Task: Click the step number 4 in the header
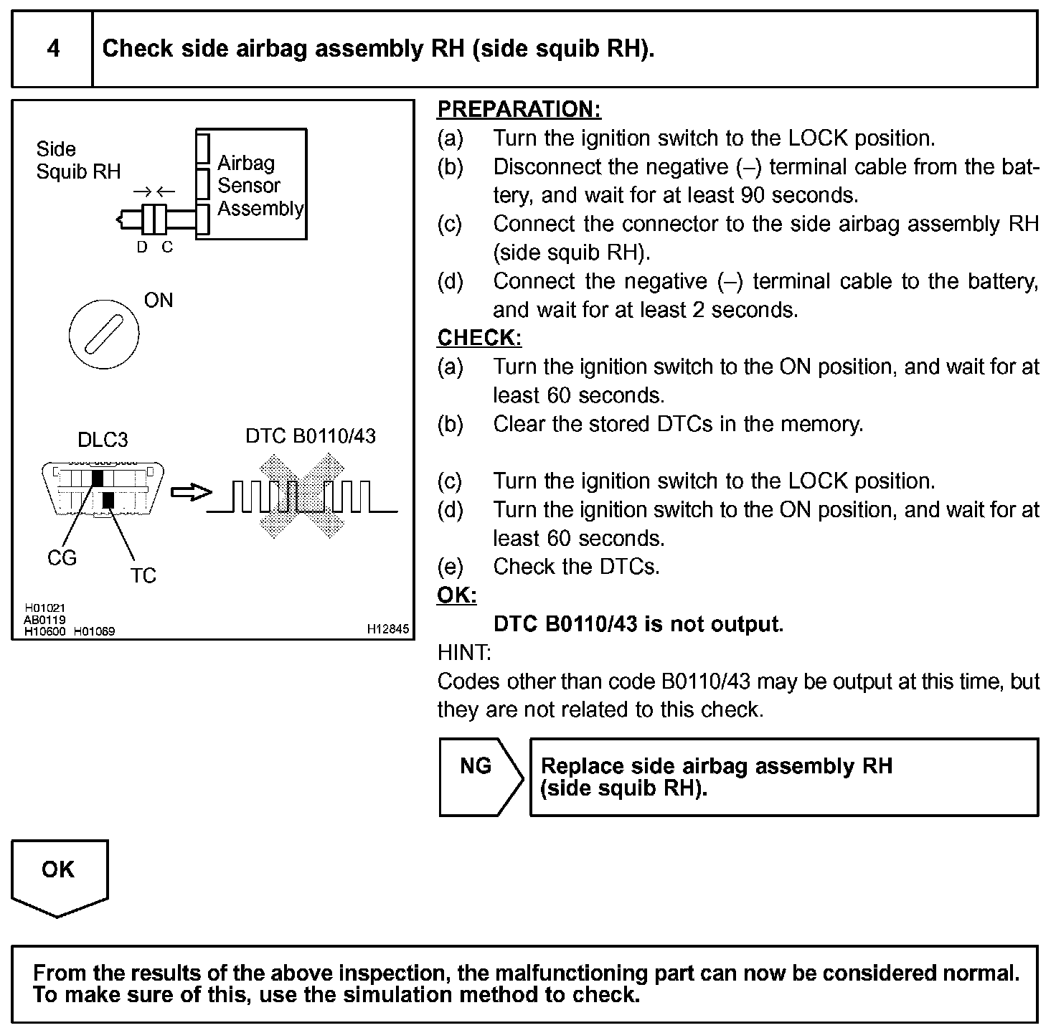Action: [x=53, y=49]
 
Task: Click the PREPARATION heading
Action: [x=519, y=109]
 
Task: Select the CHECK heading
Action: [x=479, y=338]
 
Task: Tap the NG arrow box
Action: [x=476, y=777]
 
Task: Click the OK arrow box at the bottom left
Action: [x=59, y=874]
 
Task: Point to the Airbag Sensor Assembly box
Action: [x=252, y=184]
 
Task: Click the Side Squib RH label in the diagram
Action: [x=78, y=161]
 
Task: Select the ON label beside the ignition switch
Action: [x=159, y=301]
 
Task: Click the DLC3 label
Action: [x=103, y=440]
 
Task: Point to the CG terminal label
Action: [x=62, y=558]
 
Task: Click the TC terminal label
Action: [x=143, y=575]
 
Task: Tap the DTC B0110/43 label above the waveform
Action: [x=311, y=436]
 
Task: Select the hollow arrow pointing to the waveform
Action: [x=191, y=493]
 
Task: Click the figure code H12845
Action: [x=388, y=628]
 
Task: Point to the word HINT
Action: [x=464, y=653]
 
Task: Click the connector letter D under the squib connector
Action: [x=142, y=247]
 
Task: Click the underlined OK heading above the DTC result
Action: [x=457, y=595]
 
